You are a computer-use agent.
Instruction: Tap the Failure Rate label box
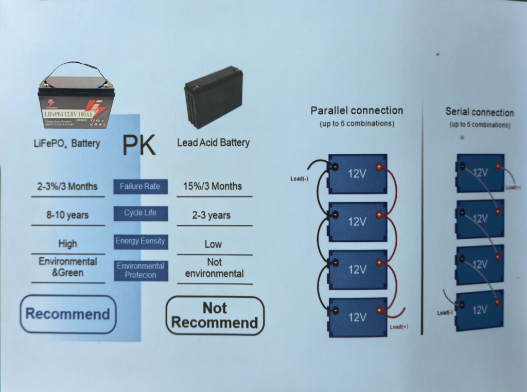[140, 186]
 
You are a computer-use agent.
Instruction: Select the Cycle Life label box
[140, 213]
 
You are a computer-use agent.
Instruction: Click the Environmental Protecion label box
[140, 270]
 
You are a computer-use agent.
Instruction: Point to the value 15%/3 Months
[213, 186]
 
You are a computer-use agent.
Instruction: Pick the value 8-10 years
[67, 215]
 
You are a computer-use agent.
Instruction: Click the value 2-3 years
[211, 216]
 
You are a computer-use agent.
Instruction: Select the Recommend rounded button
[68, 314]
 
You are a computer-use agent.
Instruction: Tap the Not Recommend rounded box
[215, 315]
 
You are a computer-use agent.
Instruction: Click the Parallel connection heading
[357, 111]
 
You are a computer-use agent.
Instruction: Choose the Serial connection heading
[479, 113]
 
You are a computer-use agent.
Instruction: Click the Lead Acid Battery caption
[213, 142]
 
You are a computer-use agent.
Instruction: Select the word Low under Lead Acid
[213, 244]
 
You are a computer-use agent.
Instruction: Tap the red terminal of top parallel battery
[379, 166]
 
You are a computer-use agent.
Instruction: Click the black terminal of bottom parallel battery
[335, 310]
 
